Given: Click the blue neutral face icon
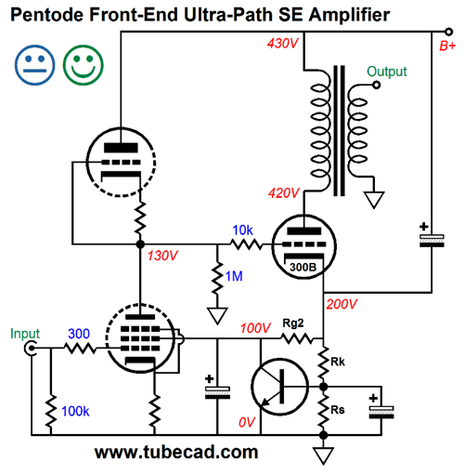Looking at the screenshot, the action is pyautogui.click(x=34, y=65).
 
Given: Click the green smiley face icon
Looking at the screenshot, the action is pyautogui.click(x=84, y=65).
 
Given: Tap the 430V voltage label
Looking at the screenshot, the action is pyautogui.click(x=282, y=44).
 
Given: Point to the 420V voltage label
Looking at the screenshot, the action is pyautogui.click(x=284, y=193).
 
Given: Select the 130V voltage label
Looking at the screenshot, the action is pyautogui.click(x=162, y=256).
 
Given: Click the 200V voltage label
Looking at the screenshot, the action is pyautogui.click(x=342, y=304).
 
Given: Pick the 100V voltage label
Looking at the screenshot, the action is pyautogui.click(x=255, y=328).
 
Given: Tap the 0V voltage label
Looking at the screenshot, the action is pyautogui.click(x=247, y=422).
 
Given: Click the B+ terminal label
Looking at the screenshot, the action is pyautogui.click(x=447, y=46).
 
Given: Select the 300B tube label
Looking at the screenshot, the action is pyautogui.click(x=303, y=267).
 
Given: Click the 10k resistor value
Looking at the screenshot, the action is pyautogui.click(x=243, y=231).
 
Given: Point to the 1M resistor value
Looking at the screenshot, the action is pyautogui.click(x=234, y=276).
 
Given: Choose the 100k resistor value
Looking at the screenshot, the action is pyautogui.click(x=75, y=411).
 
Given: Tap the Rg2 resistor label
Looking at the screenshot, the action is pyautogui.click(x=293, y=323).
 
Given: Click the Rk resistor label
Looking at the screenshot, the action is pyautogui.click(x=338, y=362).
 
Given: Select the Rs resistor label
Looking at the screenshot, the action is pyautogui.click(x=338, y=410).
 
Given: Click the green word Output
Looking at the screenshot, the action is pyautogui.click(x=387, y=72).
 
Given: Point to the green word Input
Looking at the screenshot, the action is pyautogui.click(x=25, y=334).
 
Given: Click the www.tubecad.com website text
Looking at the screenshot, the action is pyautogui.click(x=176, y=452).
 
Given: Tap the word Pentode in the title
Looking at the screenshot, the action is pyautogui.click(x=47, y=14).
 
